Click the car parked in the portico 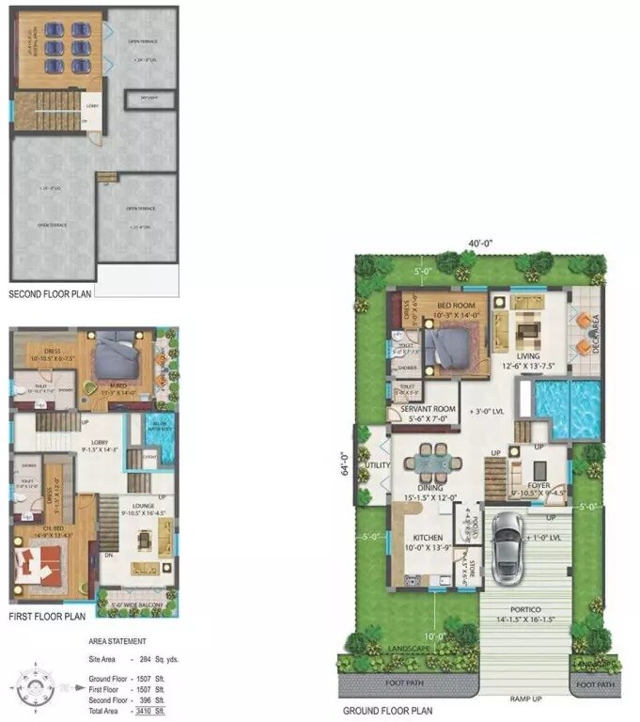(508, 542)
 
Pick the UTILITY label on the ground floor (378, 464)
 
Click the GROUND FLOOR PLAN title (386, 712)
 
